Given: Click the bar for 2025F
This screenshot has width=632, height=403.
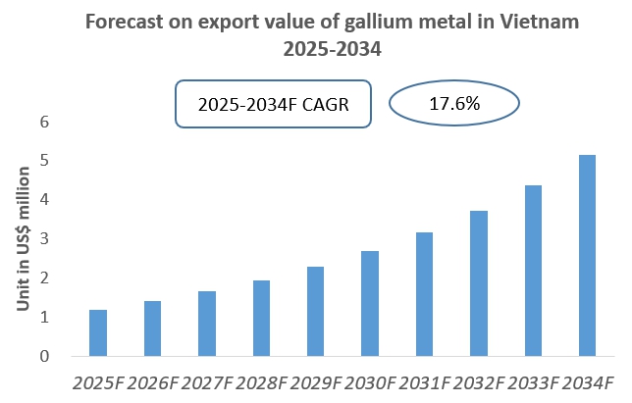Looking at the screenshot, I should (97, 333).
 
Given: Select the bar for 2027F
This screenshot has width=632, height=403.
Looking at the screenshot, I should (206, 324).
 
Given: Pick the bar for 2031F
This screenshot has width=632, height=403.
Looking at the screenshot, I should (424, 294).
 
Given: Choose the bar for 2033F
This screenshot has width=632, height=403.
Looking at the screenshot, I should (533, 271).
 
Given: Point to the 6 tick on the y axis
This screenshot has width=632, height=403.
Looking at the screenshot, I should (43, 122).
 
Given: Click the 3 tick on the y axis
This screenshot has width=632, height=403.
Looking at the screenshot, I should (43, 239).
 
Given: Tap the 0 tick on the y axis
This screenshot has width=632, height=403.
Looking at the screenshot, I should (43, 357).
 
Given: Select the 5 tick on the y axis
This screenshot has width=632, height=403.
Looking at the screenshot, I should (43, 161).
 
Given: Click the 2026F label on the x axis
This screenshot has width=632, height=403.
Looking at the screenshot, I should (152, 381).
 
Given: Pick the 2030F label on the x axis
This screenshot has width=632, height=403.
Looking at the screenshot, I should (370, 381).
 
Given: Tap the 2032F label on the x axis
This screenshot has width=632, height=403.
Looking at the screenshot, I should (479, 381).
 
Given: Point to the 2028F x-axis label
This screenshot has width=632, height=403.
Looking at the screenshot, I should (261, 381).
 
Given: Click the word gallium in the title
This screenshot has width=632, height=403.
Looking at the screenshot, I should (333, 21).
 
